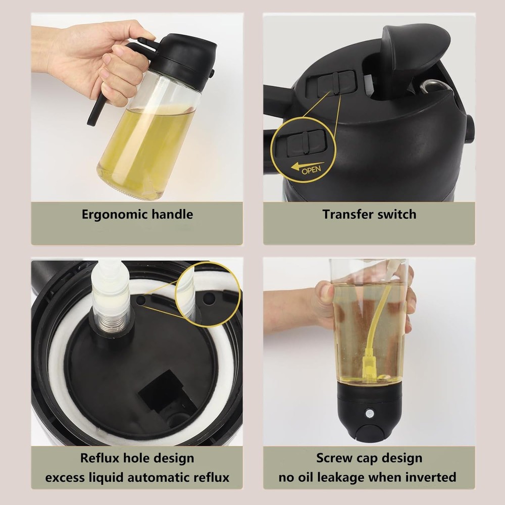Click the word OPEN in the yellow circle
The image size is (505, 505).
(x=311, y=170)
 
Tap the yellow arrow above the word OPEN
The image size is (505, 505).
(x=307, y=166)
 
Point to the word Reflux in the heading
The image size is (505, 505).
(x=100, y=458)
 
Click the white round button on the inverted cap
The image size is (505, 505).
(x=370, y=414)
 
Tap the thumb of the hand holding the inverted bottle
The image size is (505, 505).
(x=324, y=290)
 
